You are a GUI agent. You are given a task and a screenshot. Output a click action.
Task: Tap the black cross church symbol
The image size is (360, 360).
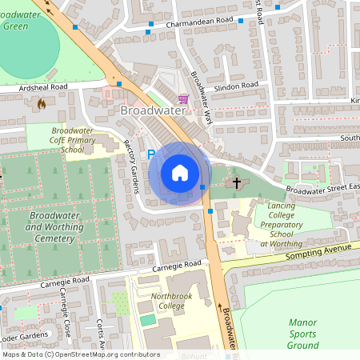coord(236,183)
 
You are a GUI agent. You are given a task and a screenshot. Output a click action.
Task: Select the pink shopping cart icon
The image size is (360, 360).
coord(183,99)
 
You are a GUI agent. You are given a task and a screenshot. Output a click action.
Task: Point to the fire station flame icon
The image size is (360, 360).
coord(42,103)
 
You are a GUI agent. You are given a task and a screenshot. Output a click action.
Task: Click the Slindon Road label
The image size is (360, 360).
coord(236,85)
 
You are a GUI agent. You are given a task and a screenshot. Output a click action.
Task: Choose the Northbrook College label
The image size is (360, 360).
coord(172,300)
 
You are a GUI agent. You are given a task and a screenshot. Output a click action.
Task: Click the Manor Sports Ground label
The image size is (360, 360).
coord(302,334)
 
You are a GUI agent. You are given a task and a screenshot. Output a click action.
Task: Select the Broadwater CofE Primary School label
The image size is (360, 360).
coord(72,139)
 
